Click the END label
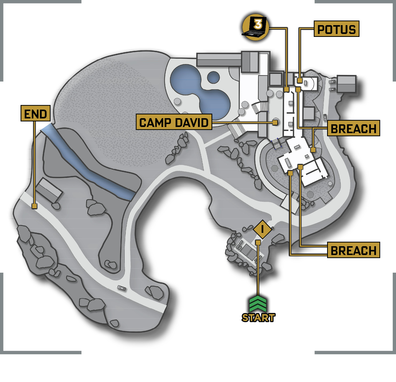[36, 113]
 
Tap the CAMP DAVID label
[174, 122]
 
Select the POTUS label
[336, 29]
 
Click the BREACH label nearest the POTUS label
[354, 128]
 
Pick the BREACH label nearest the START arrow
[354, 250]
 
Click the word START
[258, 318]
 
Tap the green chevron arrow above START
[258, 304]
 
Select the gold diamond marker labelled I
[262, 229]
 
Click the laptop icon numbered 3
[255, 27]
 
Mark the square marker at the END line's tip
[34, 206]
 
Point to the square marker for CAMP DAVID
[275, 122]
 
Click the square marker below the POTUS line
[300, 80]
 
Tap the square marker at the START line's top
[258, 242]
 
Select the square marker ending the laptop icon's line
[287, 89]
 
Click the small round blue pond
[213, 78]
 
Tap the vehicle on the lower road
[122, 288]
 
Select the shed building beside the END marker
[49, 190]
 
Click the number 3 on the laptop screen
[258, 25]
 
